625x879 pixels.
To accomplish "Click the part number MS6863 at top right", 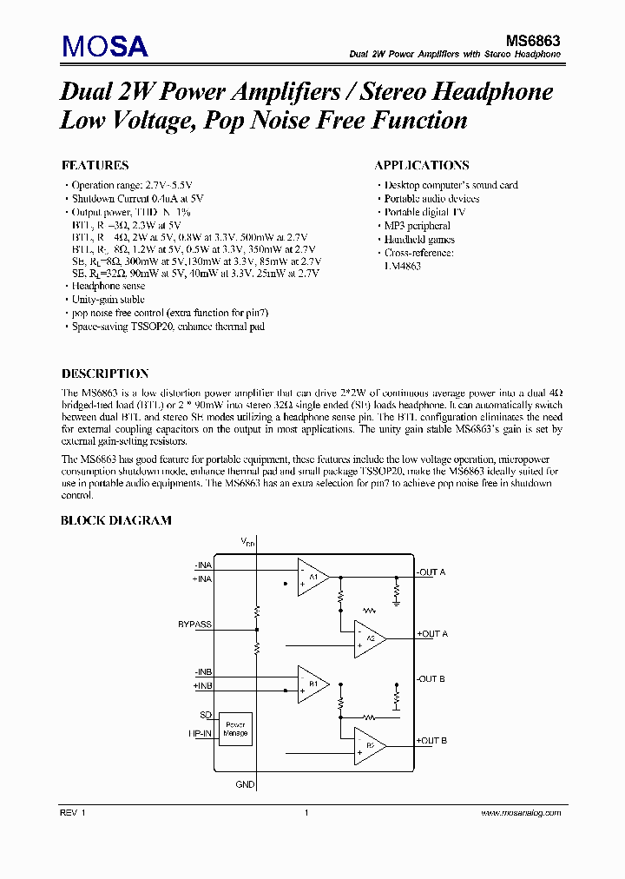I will point(533,40).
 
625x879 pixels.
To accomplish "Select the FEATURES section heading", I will point(95,165).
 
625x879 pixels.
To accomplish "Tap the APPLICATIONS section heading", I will point(422,165).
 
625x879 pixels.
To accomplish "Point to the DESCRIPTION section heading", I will point(105,373).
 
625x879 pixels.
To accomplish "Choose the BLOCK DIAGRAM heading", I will point(115,520).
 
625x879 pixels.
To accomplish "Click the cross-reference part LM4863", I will point(403,267).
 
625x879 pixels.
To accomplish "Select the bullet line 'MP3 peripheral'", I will point(418,226).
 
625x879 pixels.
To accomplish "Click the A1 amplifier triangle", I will point(312,577).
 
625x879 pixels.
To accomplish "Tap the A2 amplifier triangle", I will point(369,638).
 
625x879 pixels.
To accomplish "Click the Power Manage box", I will point(235,729).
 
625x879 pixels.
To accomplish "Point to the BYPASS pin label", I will point(194,624).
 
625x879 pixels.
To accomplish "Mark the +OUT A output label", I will point(432,634).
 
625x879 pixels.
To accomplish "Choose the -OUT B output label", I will point(431,678).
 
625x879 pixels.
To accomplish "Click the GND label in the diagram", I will point(246,784).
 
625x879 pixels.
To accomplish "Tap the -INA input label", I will point(203,565).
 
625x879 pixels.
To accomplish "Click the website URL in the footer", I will point(520,813).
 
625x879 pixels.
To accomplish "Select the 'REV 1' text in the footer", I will point(73,813).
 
